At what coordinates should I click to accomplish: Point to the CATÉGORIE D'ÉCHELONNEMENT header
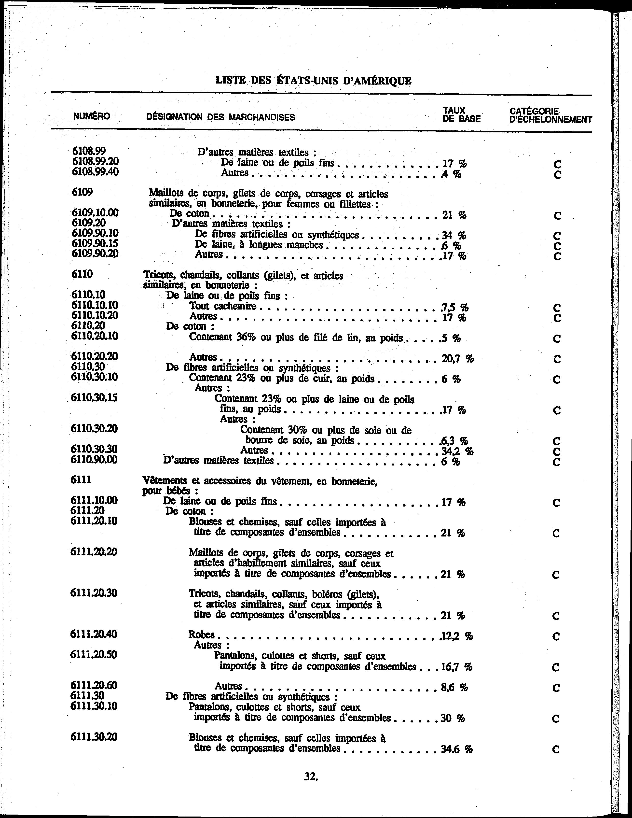coord(550,115)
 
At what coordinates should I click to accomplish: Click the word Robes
coord(201,635)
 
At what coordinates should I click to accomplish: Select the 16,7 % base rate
coord(456,667)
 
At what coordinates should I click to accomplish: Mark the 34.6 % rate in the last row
coord(457,749)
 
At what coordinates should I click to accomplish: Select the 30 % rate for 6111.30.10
coord(453,718)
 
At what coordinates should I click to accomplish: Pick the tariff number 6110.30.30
coord(94,449)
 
